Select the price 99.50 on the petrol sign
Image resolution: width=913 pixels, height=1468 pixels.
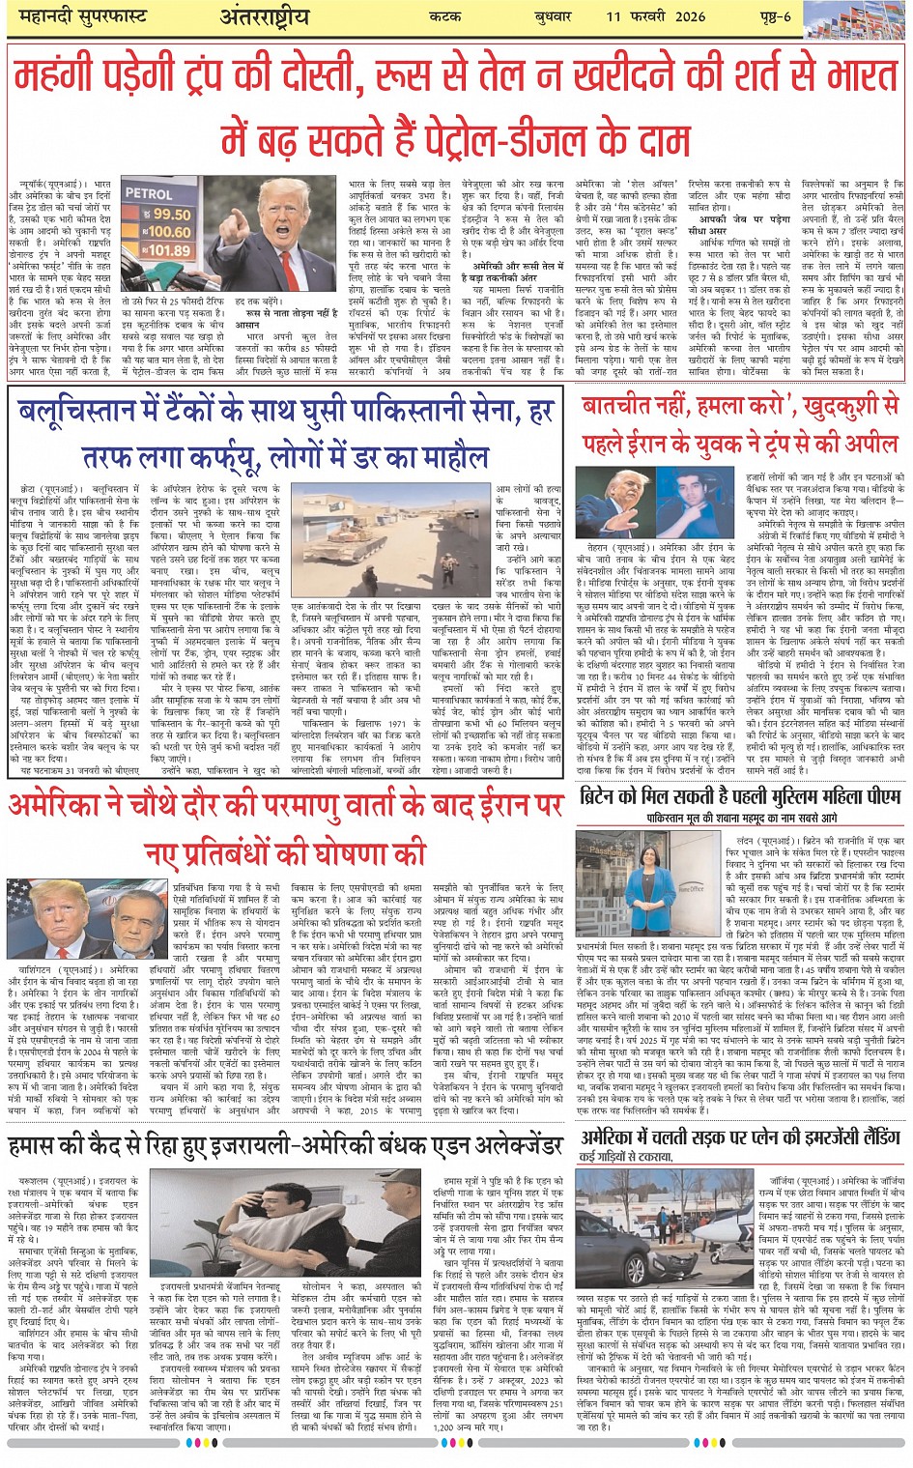171,215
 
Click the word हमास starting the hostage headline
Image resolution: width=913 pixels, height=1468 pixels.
38,1146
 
